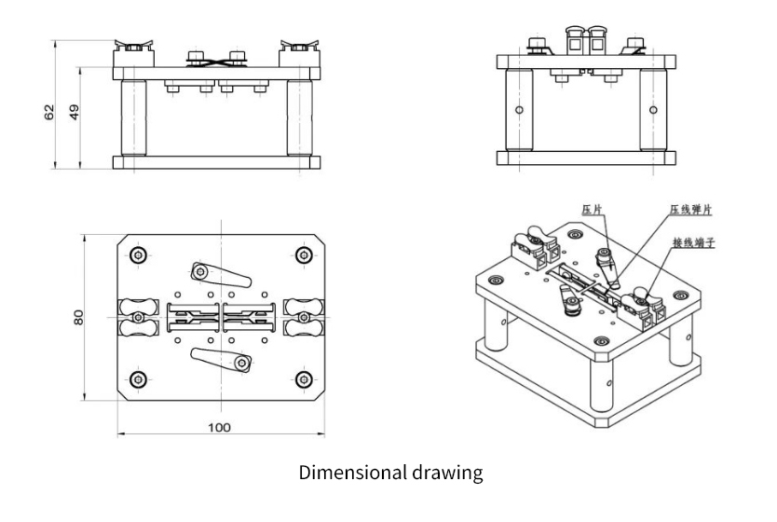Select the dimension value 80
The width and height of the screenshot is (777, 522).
(80, 318)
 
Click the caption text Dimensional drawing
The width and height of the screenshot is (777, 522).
(390, 473)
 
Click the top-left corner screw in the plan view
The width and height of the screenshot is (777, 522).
(138, 255)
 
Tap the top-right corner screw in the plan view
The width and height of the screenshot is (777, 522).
(302, 255)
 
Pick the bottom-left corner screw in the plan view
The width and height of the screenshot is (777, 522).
(138, 378)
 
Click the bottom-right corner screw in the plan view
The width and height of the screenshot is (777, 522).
(302, 378)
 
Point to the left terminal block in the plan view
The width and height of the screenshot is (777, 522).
(136, 317)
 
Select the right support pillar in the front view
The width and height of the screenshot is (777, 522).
(299, 118)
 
